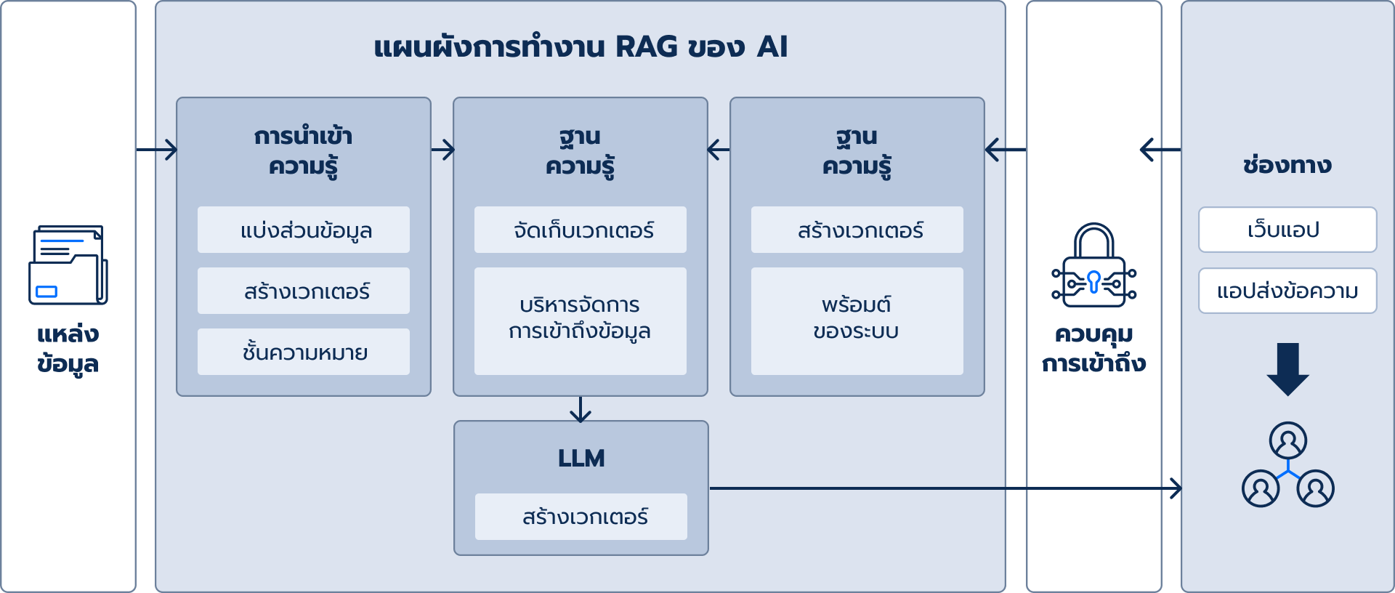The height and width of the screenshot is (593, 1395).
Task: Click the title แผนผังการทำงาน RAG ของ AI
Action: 581,47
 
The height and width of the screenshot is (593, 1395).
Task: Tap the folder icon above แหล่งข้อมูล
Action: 68,265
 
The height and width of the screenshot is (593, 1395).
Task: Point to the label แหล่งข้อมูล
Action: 68,349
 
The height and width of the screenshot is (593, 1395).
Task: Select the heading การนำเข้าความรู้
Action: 304,151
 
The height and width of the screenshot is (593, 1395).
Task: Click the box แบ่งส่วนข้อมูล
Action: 304,230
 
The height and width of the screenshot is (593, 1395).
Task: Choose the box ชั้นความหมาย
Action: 304,352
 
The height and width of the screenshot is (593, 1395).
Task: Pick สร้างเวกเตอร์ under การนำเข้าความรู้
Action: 304,291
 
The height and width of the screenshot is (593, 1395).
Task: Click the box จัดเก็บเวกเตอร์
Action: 581,230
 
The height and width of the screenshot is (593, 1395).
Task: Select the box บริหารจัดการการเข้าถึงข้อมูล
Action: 581,321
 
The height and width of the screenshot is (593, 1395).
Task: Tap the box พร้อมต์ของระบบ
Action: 857,321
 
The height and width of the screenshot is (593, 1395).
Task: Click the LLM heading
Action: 581,459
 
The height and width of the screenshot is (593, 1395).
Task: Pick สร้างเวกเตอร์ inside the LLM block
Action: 581,517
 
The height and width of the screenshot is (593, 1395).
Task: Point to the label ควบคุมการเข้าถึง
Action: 1094,349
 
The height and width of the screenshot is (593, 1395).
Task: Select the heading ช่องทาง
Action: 1287,165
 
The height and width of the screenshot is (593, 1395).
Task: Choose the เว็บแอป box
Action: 1287,230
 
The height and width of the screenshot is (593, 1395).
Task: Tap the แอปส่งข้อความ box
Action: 1287,291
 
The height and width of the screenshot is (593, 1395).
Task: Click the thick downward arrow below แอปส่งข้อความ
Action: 1287,369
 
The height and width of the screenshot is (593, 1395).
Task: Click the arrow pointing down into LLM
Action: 581,410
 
